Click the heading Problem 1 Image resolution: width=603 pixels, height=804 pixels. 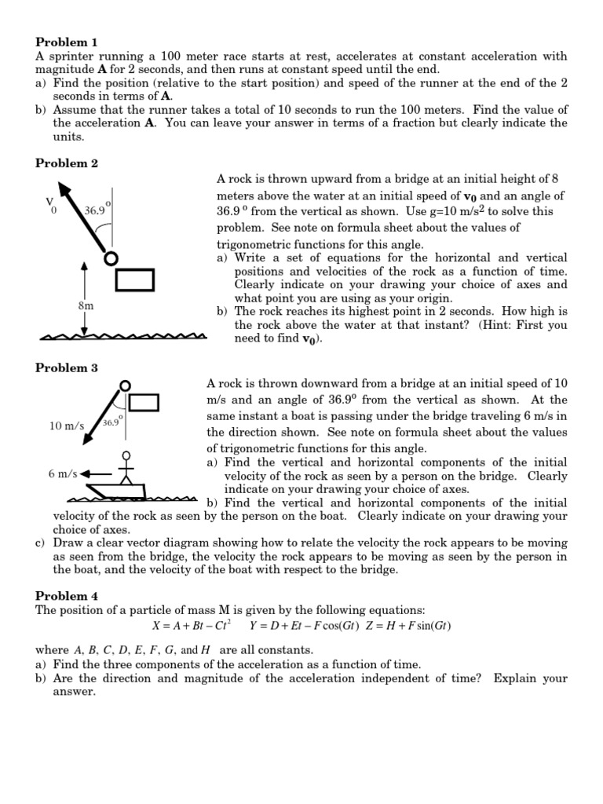pyautogui.click(x=67, y=41)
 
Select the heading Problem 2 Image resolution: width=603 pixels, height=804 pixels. pyautogui.click(x=67, y=163)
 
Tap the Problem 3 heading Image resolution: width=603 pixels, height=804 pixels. pyautogui.click(x=67, y=367)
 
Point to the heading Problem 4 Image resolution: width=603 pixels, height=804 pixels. pyautogui.click(x=67, y=596)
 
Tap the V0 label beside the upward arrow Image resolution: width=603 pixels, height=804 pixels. pyautogui.click(x=50, y=205)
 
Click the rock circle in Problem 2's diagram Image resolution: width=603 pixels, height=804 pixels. pyautogui.click(x=111, y=258)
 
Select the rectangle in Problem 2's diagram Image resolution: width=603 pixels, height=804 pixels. pyautogui.click(x=134, y=279)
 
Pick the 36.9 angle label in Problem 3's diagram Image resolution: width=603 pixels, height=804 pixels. pyautogui.click(x=111, y=422)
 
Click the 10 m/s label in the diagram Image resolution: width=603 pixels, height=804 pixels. pyautogui.click(x=66, y=426)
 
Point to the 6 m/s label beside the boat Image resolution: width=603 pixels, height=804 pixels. pyautogui.click(x=62, y=474)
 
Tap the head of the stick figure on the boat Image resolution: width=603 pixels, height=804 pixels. pyautogui.click(x=125, y=455)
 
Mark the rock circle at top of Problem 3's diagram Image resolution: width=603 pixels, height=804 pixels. pyautogui.click(x=124, y=386)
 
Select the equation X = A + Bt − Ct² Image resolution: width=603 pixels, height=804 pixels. pyautogui.click(x=191, y=626)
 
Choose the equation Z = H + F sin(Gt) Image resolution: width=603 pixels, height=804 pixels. pyautogui.click(x=406, y=626)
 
